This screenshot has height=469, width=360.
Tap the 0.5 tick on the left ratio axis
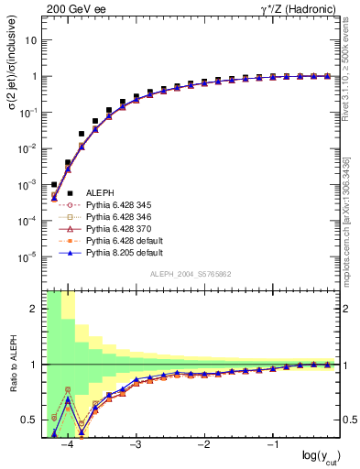[x=30, y=420]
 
